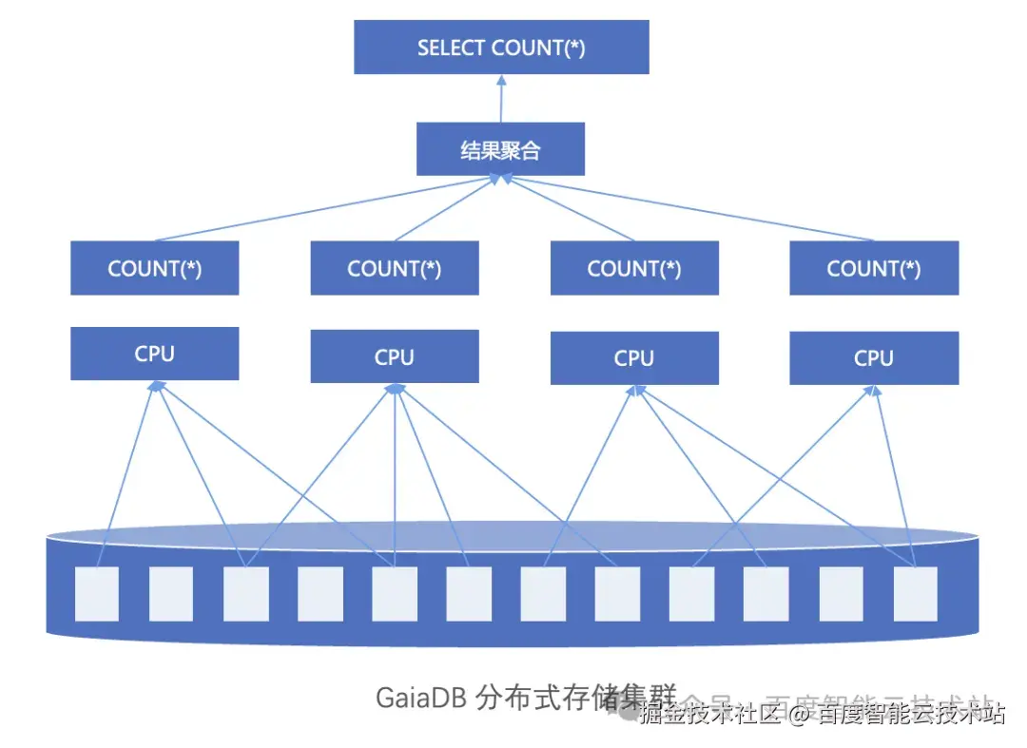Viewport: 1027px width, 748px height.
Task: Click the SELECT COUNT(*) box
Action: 501,48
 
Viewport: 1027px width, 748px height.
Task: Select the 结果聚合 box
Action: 500,149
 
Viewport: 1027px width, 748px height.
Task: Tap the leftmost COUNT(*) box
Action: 154,268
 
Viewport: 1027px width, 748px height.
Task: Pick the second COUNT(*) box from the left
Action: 395,268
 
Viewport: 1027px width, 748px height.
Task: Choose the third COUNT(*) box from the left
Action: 634,268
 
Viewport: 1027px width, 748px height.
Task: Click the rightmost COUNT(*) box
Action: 874,268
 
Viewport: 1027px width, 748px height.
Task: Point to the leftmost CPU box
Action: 154,354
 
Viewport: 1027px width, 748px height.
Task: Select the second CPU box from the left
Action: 395,357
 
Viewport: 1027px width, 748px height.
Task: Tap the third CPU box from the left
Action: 634,358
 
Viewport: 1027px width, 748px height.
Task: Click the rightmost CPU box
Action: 874,358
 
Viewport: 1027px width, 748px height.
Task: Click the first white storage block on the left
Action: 97,594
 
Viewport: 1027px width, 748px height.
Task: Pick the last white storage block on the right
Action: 915,594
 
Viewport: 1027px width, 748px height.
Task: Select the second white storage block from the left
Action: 171,594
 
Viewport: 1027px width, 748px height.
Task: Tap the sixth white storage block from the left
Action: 469,594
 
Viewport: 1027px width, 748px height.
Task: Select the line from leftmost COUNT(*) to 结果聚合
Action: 323,209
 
